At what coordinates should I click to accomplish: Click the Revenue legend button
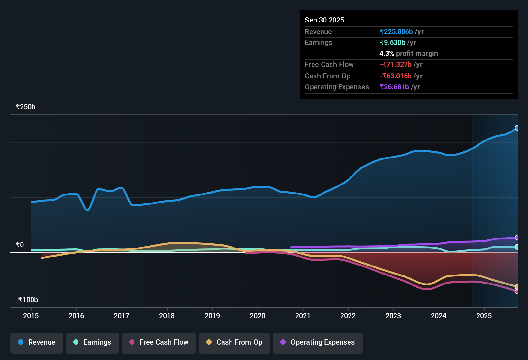(x=37, y=342)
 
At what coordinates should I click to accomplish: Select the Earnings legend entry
(x=92, y=342)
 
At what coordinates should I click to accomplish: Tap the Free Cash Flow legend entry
(x=159, y=342)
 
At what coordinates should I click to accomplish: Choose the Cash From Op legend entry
(x=234, y=342)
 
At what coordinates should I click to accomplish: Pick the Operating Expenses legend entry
(x=318, y=342)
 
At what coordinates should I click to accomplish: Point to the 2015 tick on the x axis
(x=31, y=316)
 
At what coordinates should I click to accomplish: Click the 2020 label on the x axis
(x=258, y=316)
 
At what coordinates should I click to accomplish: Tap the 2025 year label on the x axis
(x=484, y=316)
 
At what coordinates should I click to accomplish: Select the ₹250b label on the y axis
(x=25, y=107)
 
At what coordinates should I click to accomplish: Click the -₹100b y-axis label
(x=27, y=300)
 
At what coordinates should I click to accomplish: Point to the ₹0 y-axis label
(x=20, y=245)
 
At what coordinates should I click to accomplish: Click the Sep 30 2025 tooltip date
(x=324, y=20)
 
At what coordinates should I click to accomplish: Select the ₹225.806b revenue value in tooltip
(x=396, y=32)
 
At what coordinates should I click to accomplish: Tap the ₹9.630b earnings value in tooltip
(x=392, y=43)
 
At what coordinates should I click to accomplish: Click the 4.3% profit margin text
(x=408, y=54)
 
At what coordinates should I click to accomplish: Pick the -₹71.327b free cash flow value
(x=396, y=65)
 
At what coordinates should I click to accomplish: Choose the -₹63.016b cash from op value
(x=396, y=76)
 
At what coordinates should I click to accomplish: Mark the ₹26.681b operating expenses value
(x=394, y=87)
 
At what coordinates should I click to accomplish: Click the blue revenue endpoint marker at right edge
(x=517, y=128)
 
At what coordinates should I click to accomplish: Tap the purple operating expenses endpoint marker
(x=517, y=238)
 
